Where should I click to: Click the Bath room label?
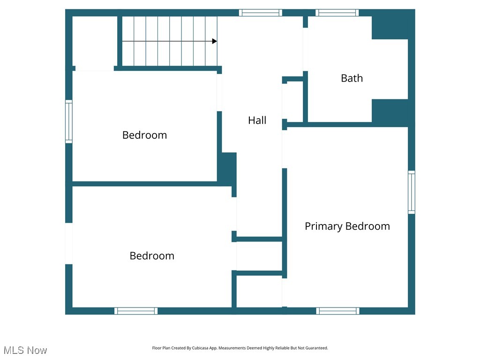[352, 78]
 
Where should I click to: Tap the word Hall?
[257, 120]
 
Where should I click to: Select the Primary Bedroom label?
[347, 226]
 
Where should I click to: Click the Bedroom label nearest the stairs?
[144, 135]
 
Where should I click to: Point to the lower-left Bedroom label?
[152, 256]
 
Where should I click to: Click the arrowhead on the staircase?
[214, 41]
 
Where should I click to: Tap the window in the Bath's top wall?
[337, 13]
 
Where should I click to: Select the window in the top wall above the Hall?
[260, 13]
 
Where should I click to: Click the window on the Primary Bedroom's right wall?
[411, 192]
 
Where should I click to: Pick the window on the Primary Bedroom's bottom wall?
[337, 311]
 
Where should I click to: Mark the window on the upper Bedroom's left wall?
[69, 121]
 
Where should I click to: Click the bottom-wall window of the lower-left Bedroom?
[136, 311]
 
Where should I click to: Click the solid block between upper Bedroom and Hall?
[227, 168]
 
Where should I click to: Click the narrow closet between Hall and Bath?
[294, 102]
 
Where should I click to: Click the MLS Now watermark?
[25, 350]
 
